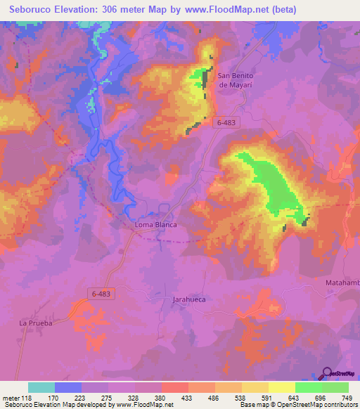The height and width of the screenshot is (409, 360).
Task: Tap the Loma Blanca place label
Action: [155, 225]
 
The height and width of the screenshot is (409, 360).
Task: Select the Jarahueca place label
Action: [190, 299]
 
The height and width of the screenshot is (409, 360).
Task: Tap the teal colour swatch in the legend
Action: [41, 387]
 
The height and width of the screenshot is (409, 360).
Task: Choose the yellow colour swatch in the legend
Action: [281, 387]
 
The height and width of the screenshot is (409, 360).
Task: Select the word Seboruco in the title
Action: [32, 10]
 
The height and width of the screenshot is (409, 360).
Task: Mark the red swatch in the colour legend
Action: [174, 387]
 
